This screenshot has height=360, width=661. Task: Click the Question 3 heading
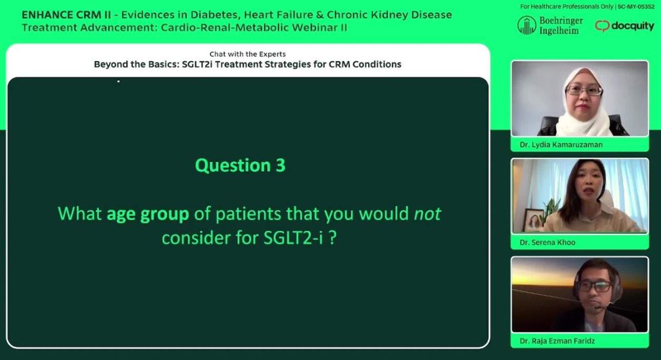pos(240,165)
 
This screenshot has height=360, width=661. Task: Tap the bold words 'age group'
pos(148,214)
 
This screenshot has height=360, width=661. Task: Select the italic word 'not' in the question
pos(427,214)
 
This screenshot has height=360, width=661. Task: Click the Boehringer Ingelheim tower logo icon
pos(527,26)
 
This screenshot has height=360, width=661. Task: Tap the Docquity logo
pos(625,26)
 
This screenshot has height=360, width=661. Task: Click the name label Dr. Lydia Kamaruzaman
pos(561,145)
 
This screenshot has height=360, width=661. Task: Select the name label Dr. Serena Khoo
pos(547,242)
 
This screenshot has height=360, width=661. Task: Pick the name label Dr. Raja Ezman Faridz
pos(557,340)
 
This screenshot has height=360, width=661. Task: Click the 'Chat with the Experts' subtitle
pos(248,54)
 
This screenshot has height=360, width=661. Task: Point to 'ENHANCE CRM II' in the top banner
pos(66,15)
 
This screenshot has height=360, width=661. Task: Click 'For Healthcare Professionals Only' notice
pos(566,7)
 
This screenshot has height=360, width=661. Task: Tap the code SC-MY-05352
pos(636,7)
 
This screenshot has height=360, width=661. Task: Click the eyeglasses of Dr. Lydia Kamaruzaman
pos(584,90)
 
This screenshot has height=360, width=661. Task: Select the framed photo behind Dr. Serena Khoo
pos(533,220)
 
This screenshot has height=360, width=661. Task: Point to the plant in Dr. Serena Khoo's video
pos(550,211)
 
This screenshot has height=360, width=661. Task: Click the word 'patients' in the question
pos(249,214)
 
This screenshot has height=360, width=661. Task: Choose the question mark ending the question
pos(333,238)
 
